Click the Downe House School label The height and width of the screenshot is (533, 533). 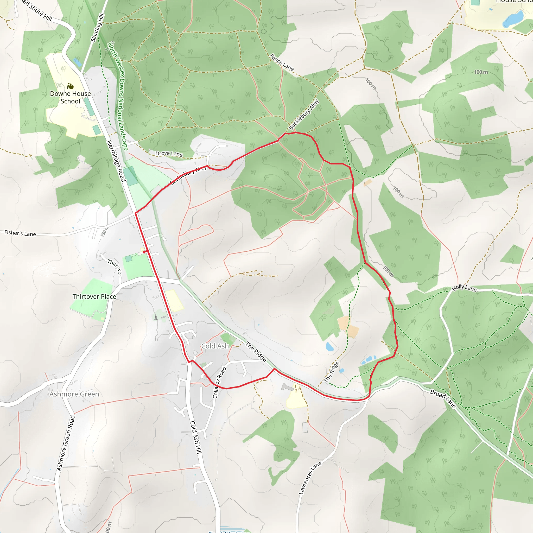[70, 97]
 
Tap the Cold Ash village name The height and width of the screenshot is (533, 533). [215, 346]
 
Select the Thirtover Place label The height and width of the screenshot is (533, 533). [94, 297]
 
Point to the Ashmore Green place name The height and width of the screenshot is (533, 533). [74, 394]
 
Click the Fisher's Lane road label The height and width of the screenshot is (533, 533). [20, 233]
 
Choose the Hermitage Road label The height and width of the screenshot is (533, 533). [116, 161]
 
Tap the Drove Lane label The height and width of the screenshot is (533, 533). [169, 154]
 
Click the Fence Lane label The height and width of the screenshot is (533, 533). [282, 62]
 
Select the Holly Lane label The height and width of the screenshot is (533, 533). [464, 288]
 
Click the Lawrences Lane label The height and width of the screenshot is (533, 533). [310, 478]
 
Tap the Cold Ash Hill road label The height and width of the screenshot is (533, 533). [196, 437]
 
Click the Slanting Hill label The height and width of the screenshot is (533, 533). [97, 28]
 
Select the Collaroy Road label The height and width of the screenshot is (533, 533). [219, 382]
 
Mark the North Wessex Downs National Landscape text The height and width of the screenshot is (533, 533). [118, 96]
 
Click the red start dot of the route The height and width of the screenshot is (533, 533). [144, 252]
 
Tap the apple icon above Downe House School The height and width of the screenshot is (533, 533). [70, 86]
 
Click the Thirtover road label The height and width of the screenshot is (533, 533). [115, 267]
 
